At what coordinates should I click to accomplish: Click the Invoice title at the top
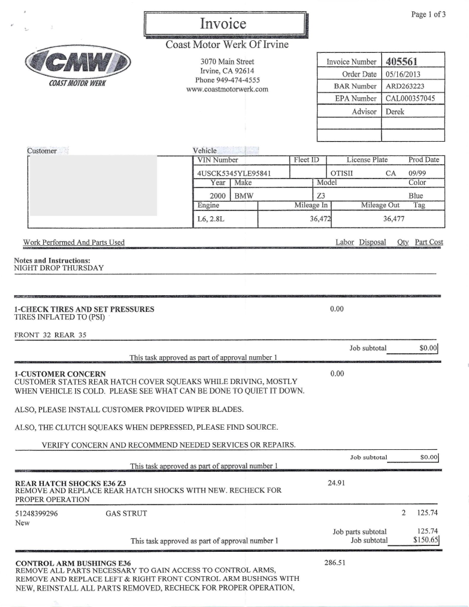[x=223, y=24]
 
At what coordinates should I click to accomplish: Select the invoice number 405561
[x=403, y=62]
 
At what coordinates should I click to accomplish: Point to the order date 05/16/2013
[x=403, y=74]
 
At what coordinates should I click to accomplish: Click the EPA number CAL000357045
[x=410, y=98]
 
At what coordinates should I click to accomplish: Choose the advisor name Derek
[x=395, y=111]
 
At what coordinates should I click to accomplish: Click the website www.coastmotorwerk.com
[x=227, y=90]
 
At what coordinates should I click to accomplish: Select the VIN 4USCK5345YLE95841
[x=234, y=173]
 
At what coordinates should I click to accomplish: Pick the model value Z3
[x=321, y=195]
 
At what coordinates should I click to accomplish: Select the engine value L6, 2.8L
[x=210, y=219]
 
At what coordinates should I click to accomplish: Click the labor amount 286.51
[x=336, y=563]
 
